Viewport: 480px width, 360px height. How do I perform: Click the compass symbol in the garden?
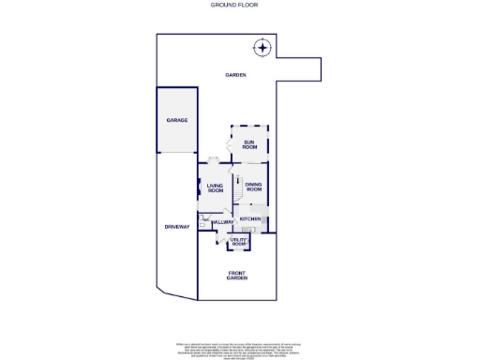coord(263,48)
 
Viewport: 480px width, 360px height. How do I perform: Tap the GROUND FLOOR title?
coord(240,5)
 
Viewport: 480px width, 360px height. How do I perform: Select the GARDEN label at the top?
coord(234,74)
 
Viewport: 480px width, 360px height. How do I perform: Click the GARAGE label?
coord(177,120)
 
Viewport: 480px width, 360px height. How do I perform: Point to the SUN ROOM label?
coord(249,144)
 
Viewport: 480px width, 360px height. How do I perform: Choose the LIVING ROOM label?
coord(215,187)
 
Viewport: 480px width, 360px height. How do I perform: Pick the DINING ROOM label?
coord(253,187)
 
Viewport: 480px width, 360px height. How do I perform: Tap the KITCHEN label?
coord(250,218)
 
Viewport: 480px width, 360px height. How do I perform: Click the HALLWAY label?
coord(222,221)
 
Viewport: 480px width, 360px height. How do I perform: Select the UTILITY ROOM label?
coord(238,242)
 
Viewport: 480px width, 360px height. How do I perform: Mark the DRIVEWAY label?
coord(177,227)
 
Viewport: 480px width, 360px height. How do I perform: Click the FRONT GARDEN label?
coord(237,276)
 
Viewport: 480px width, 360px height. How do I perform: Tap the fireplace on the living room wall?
coord(199,187)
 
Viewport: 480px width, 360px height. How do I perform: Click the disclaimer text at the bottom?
coord(240,348)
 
